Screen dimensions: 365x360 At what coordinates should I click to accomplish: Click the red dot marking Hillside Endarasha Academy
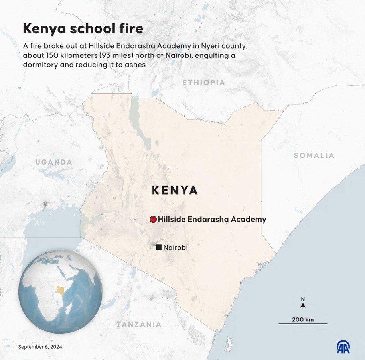click(153, 220)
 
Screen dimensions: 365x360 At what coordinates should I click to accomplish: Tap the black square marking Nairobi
click(159, 248)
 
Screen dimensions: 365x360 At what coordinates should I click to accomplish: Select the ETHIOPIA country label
click(203, 83)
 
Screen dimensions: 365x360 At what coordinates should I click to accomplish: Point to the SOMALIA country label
click(314, 155)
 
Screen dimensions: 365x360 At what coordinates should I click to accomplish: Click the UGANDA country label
click(54, 162)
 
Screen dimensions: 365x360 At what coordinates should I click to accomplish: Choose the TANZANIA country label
click(139, 324)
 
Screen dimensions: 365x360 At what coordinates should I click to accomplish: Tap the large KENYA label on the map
click(175, 190)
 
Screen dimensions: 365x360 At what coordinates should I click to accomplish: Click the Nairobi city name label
click(176, 248)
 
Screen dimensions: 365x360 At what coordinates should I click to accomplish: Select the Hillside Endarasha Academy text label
click(212, 220)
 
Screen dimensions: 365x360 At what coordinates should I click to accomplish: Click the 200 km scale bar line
click(302, 323)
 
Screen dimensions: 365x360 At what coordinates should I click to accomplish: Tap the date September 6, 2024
click(40, 347)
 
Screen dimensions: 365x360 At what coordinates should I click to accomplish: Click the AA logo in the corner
click(343, 346)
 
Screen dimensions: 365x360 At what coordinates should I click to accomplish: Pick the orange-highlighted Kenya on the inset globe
click(61, 290)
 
